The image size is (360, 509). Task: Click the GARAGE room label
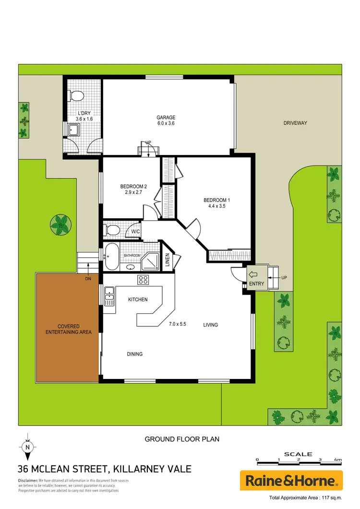click(x=166, y=118)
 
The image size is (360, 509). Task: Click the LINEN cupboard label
click(x=168, y=260)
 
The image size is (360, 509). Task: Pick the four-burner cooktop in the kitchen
click(x=144, y=280)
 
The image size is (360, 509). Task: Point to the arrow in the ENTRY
click(x=253, y=275)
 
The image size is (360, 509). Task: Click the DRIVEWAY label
click(x=295, y=123)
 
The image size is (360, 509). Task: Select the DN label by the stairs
click(x=88, y=278)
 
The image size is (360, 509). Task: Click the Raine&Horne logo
click(x=291, y=480)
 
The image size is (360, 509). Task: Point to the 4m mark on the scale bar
click(x=339, y=460)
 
